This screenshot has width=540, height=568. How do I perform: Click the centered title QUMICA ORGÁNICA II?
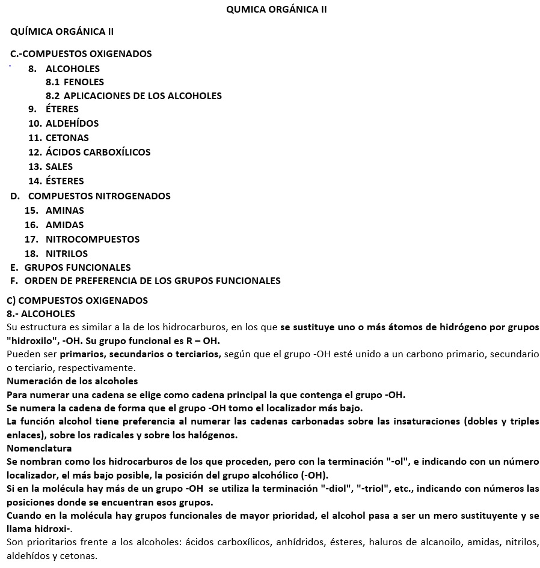pos(276,10)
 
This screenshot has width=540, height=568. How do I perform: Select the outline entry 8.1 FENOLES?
pos(75,82)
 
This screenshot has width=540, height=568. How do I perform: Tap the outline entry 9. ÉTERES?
pos(54,109)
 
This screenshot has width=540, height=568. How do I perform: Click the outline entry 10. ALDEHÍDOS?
pos(63,124)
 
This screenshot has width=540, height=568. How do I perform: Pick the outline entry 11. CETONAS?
pos(58,138)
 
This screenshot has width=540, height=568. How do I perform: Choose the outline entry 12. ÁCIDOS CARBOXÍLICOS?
pos(89,153)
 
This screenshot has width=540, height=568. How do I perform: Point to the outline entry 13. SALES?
pos(51,167)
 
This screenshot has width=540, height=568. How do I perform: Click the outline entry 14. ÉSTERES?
pos(56,181)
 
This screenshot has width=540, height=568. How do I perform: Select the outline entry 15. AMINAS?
pos(55,211)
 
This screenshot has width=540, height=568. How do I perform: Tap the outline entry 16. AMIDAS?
pos(54,225)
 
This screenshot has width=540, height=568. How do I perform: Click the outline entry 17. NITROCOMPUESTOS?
pos(82,240)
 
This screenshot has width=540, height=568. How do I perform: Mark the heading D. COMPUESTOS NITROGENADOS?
pos(90,196)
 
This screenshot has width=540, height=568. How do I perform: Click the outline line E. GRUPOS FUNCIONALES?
pos(70,268)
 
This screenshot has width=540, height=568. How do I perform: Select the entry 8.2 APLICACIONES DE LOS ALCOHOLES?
pos(133,96)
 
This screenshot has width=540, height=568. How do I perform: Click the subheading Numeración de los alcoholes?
pos(72,381)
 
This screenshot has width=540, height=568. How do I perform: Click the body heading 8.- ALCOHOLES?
pos(41,314)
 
